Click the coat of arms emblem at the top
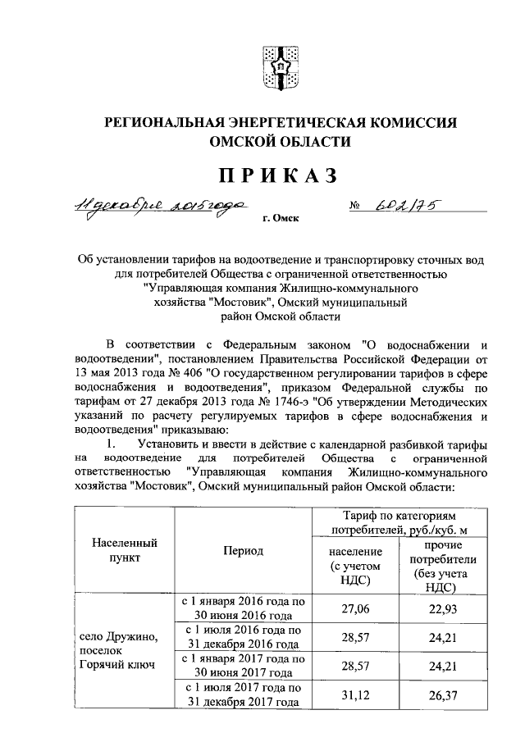click(x=276, y=65)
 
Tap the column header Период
click(x=244, y=550)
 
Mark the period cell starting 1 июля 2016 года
click(x=244, y=636)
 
